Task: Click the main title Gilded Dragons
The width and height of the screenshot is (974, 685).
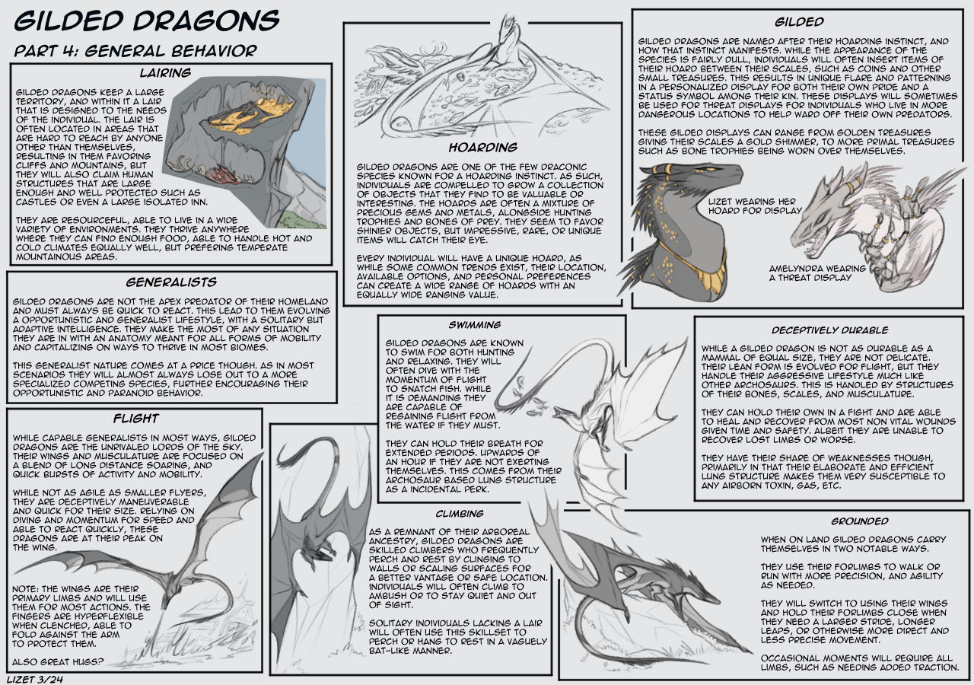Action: pyautogui.click(x=147, y=21)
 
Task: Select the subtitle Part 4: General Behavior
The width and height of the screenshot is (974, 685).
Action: pyautogui.click(x=135, y=51)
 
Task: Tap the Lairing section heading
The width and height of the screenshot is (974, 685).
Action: pyautogui.click(x=165, y=72)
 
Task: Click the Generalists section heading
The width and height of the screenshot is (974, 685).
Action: pyautogui.click(x=171, y=282)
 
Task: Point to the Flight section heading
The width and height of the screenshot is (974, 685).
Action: pyautogui.click(x=136, y=419)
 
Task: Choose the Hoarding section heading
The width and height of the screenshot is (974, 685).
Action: pyautogui.click(x=483, y=148)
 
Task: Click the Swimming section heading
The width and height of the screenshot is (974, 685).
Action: pyautogui.click(x=475, y=325)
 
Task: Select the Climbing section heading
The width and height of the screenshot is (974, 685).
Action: pyautogui.click(x=460, y=514)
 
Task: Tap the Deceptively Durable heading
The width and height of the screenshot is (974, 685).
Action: pyautogui.click(x=829, y=330)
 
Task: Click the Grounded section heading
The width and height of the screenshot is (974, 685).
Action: pyautogui.click(x=860, y=521)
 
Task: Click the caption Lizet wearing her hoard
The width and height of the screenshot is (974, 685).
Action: pyautogui.click(x=755, y=206)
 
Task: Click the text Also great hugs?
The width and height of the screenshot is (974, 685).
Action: pyautogui.click(x=58, y=662)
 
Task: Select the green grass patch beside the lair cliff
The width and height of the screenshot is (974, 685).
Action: pyautogui.click(x=302, y=218)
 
